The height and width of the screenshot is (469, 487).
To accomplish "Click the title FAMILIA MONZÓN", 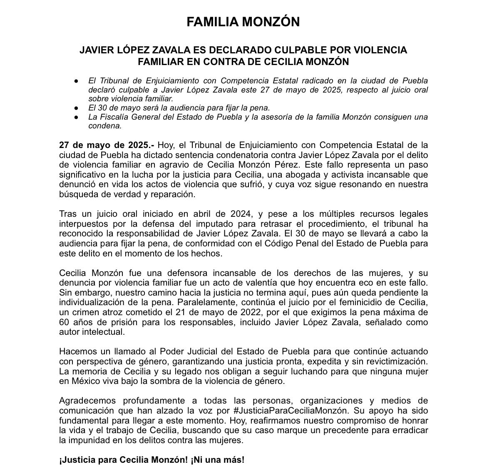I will [x=243, y=22].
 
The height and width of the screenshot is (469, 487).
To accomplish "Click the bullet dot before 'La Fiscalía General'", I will [x=76, y=117].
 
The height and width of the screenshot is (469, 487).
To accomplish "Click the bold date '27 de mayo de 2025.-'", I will [x=106, y=145].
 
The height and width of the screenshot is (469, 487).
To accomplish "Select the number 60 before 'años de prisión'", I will [x=64, y=322].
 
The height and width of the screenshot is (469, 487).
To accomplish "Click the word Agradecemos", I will [x=87, y=401].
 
